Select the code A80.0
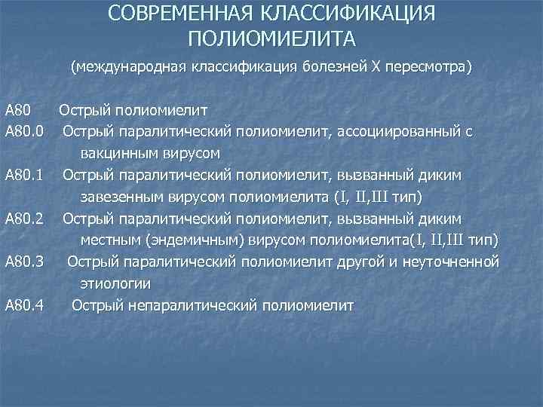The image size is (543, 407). click(x=25, y=132)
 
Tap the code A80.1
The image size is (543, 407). click(x=25, y=176)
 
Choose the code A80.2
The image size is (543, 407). click(x=25, y=219)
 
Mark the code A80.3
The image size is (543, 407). click(x=25, y=262)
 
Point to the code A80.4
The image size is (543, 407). click(x=25, y=305)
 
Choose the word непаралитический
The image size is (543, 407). click(x=186, y=305)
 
